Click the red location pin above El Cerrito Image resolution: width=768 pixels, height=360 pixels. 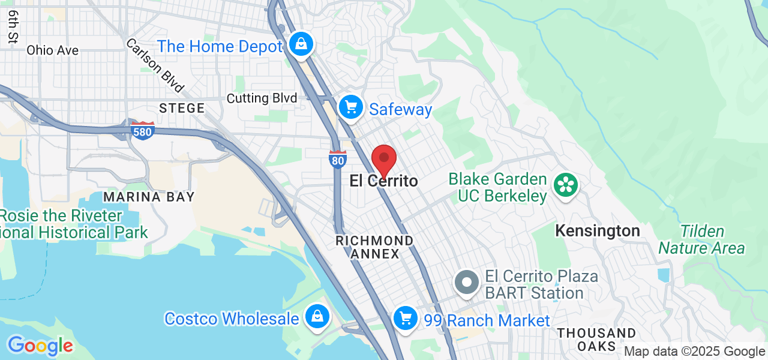coord(384,159)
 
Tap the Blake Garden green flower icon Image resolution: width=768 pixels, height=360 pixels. coord(565,184)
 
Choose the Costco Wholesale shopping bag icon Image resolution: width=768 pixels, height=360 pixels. coord(316,316)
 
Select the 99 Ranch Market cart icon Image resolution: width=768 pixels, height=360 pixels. coord(406,317)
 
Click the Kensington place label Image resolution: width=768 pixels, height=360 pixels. coord(597,231)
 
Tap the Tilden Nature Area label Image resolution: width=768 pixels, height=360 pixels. coord(701,240)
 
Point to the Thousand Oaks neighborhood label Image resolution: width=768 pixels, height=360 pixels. coord(596,340)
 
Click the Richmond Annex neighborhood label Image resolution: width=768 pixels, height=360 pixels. coord(374,247)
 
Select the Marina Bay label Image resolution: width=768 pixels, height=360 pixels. coord(149,197)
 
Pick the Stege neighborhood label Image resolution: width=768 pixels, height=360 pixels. coord(182,109)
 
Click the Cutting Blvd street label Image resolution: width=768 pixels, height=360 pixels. coord(262,98)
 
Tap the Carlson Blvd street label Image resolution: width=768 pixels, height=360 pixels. coord(155,66)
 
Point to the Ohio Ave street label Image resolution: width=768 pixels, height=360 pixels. coord(52,50)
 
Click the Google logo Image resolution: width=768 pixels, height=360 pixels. coord(40,346)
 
